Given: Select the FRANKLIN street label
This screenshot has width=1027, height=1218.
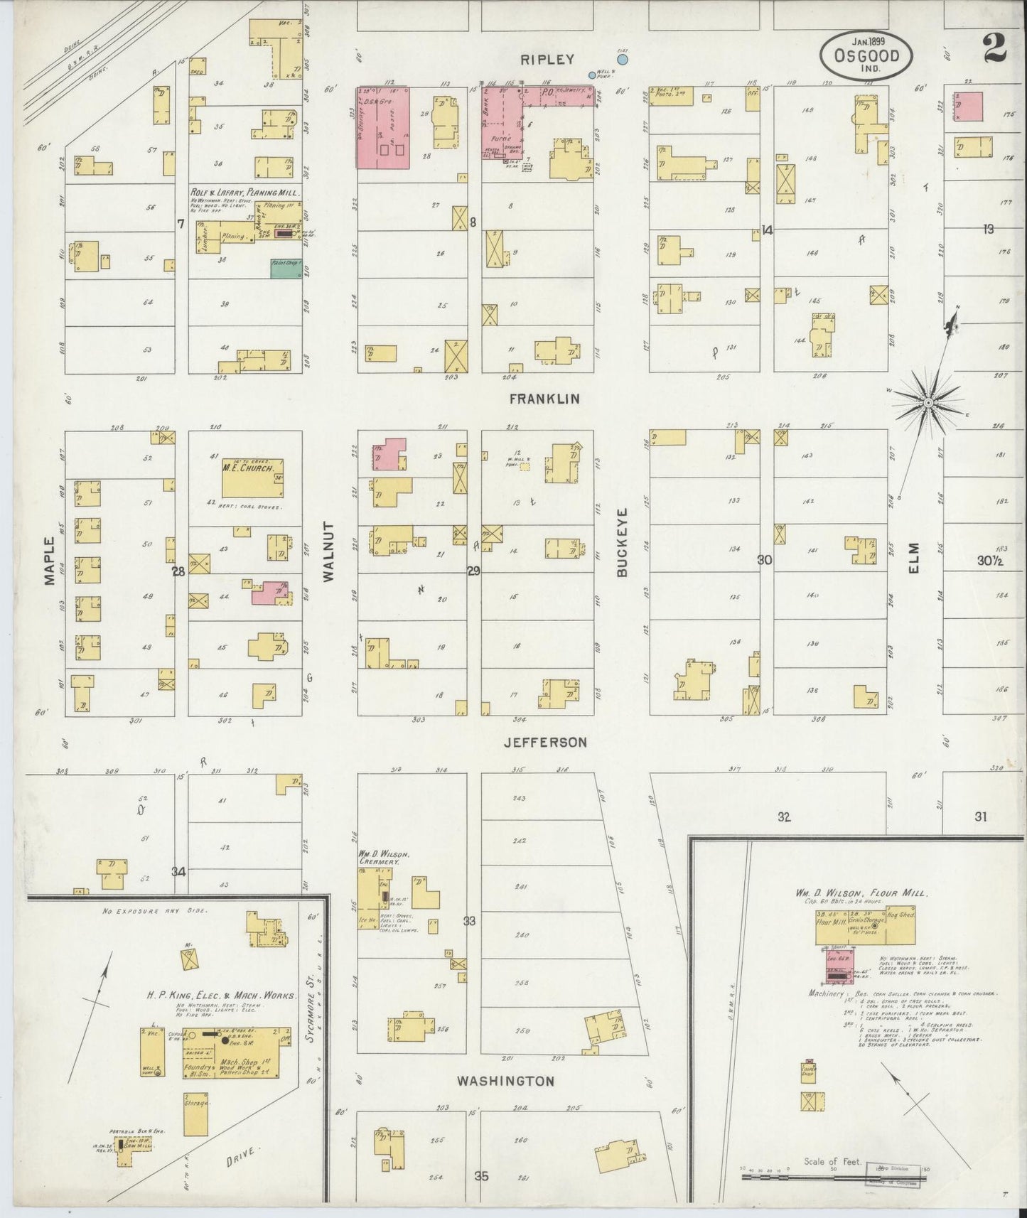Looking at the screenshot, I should (544, 399).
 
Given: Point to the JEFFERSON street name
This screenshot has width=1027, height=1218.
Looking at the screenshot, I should (545, 742).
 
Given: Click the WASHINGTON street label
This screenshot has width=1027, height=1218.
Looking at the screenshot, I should (505, 1082).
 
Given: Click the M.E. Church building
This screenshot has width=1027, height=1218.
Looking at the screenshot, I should (253, 478).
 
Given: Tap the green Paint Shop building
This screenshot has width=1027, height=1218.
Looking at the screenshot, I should (286, 269).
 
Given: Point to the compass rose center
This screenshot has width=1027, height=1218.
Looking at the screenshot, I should (927, 403).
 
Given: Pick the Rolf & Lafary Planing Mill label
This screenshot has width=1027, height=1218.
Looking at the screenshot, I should (244, 193).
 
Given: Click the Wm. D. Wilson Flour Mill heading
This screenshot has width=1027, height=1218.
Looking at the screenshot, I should (861, 893).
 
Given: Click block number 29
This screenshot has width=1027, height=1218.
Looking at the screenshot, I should (474, 571).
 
